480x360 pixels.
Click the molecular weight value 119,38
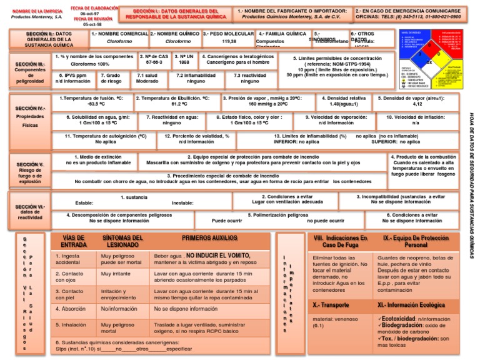(229, 41)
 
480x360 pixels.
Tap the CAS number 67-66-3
(154, 62)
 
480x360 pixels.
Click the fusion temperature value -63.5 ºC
(96, 104)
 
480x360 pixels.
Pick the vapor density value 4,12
(417, 104)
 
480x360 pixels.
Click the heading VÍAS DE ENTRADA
(74, 241)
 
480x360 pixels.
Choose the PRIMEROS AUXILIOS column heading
(209, 238)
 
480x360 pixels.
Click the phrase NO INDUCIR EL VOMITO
(218, 256)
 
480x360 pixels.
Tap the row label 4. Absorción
(71, 309)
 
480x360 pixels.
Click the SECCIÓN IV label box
(30, 116)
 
